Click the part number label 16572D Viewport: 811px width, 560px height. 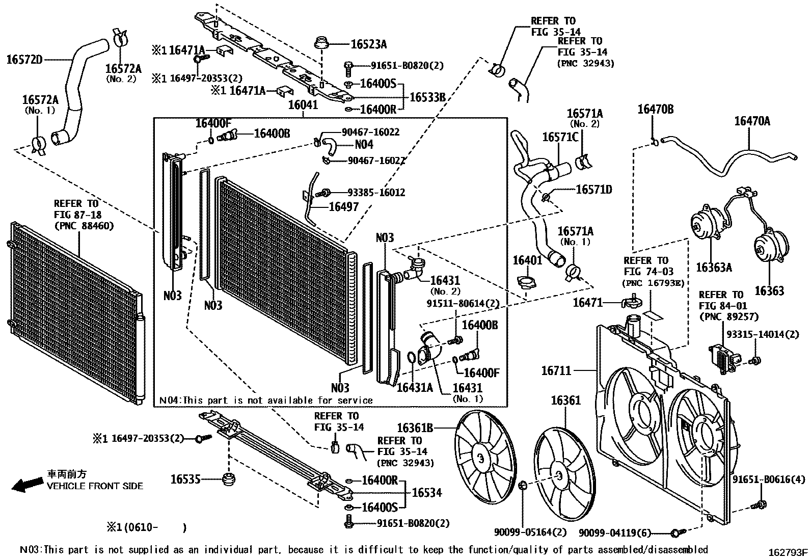coord(24,60)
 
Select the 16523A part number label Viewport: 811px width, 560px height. coord(369,45)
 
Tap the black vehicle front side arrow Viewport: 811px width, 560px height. coord(26,485)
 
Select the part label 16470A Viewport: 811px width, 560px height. coord(751,121)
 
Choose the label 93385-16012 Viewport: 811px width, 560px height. coord(376,193)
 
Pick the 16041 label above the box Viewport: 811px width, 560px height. coord(303,105)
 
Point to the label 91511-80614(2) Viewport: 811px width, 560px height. coord(463,304)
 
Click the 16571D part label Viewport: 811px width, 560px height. coord(593,190)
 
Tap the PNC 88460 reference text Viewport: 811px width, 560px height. coord(84,226)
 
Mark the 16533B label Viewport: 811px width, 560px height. coord(428,97)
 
